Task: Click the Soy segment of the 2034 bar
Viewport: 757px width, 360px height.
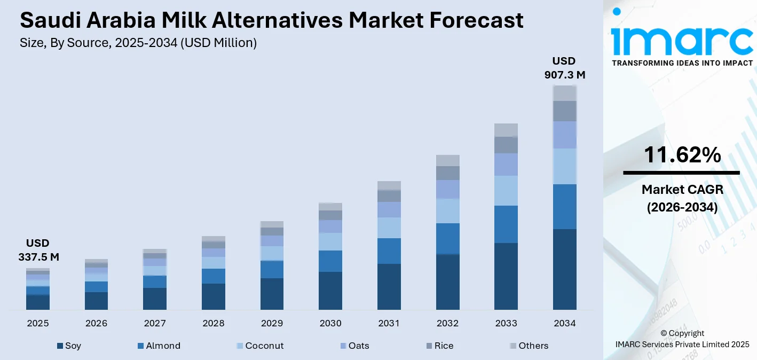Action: click(564, 269)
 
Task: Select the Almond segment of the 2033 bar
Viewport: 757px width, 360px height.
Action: click(506, 224)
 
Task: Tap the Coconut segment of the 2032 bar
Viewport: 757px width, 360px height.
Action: click(447, 211)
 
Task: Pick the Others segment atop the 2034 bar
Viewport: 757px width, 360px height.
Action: click(564, 93)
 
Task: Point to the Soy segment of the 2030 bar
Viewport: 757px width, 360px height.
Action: click(330, 291)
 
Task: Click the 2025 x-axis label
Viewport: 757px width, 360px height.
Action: click(38, 323)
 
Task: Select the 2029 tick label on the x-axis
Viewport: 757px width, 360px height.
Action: click(272, 323)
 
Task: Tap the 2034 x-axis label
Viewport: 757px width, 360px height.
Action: click(564, 323)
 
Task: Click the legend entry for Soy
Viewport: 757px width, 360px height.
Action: click(69, 346)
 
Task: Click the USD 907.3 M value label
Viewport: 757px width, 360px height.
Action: click(564, 68)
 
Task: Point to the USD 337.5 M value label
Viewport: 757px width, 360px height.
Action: click(38, 250)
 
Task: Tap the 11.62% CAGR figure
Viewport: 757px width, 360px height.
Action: click(682, 155)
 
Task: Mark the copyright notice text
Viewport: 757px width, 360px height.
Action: click(682, 339)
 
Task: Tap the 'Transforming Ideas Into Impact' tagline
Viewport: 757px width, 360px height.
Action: click(682, 63)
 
